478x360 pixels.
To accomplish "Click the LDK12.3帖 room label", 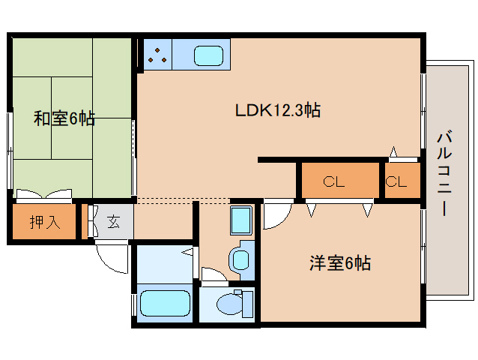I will coord(278,110).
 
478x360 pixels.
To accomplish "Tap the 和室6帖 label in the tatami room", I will coord(64,118).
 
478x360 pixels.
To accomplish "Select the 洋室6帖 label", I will coord(340,263).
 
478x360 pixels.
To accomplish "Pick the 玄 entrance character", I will coord(113,221).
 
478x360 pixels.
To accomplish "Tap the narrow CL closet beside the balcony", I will coord(397,181).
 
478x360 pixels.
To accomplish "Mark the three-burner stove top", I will coord(157,55).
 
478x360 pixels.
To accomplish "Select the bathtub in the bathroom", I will coord(166,304).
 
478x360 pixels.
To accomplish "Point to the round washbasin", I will coord(240,259).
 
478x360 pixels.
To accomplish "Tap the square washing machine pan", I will coord(241,221).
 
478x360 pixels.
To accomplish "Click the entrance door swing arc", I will coord(112,259).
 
